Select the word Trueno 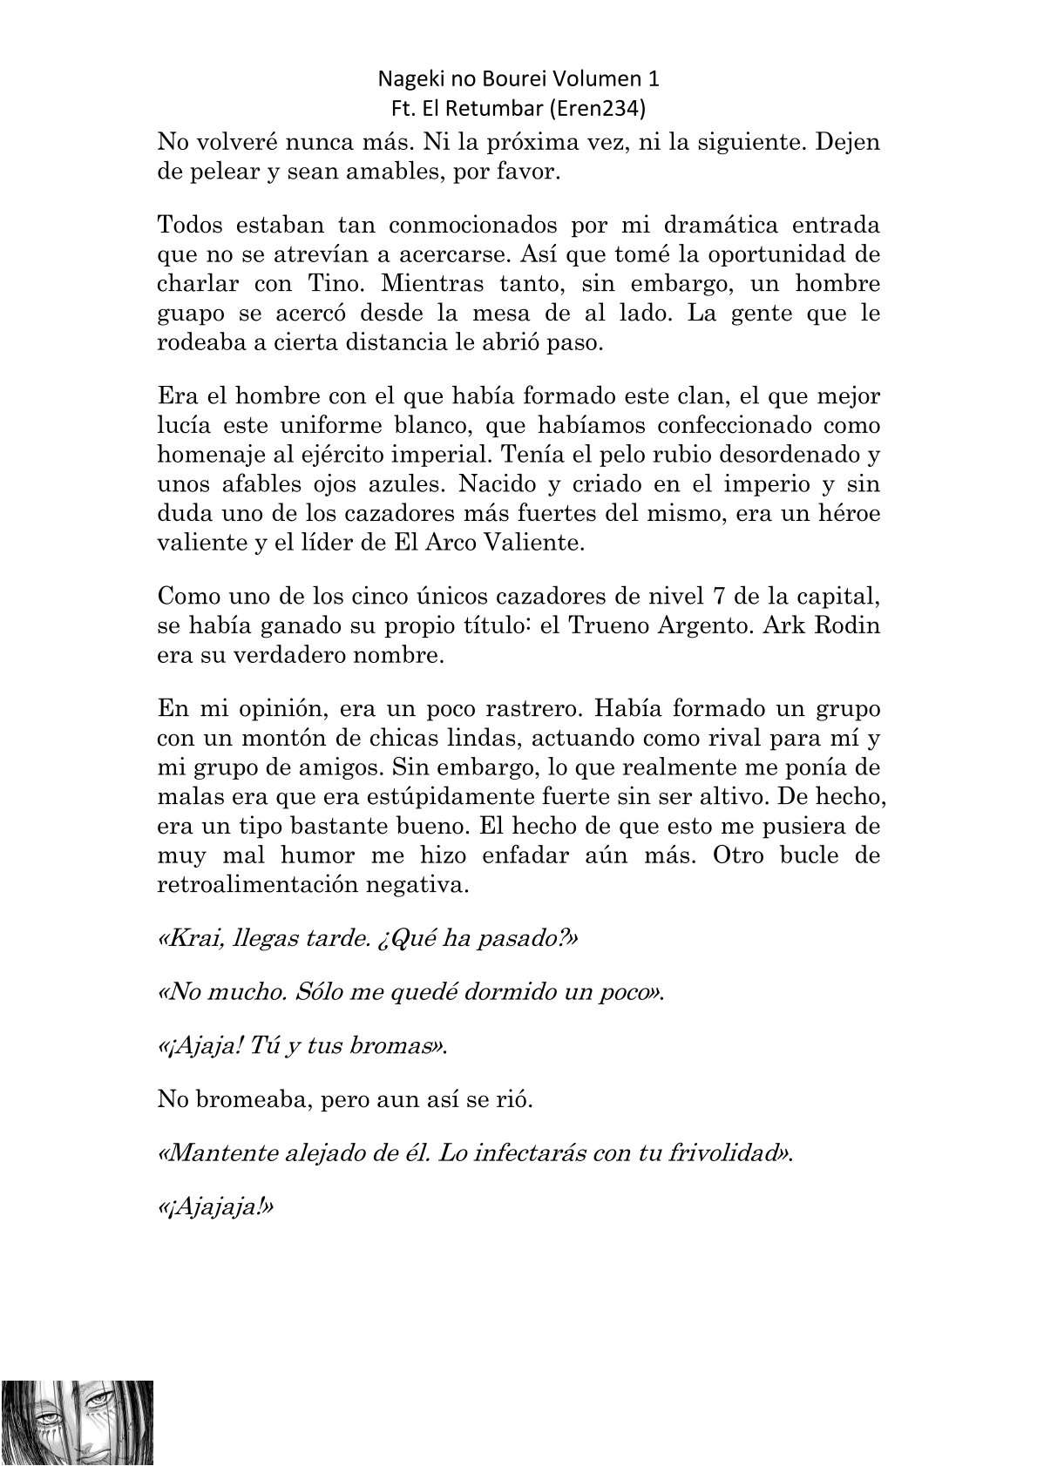(607, 626)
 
